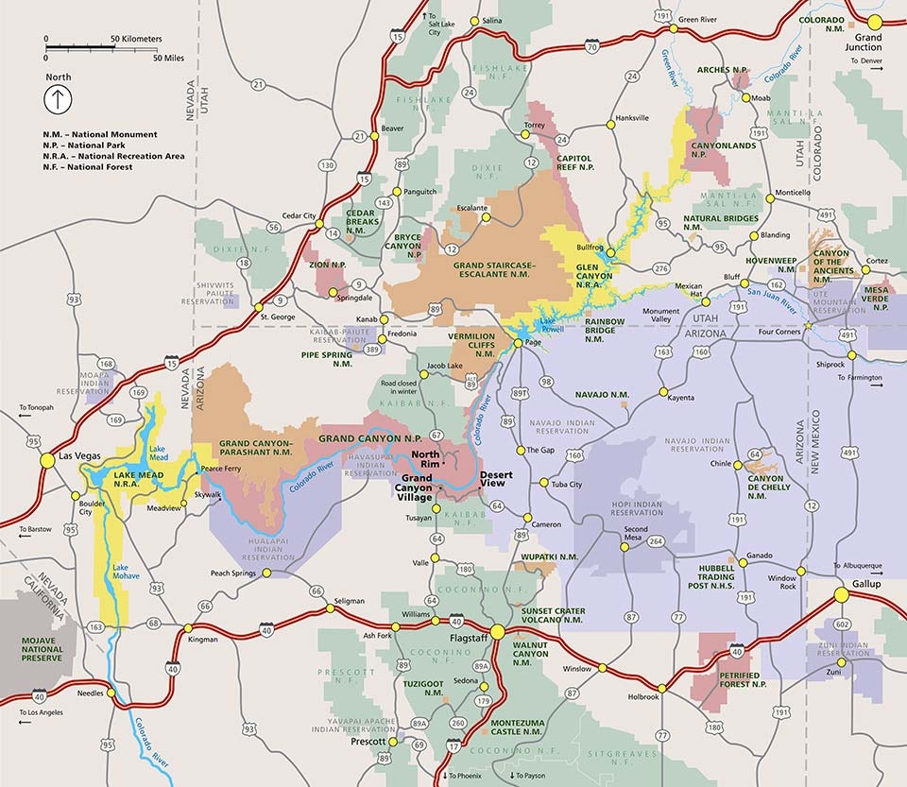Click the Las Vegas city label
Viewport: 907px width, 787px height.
79,457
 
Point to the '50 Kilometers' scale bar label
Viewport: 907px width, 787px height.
136,39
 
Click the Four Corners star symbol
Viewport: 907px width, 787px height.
809,327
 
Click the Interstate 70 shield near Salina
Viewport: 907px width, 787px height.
590,44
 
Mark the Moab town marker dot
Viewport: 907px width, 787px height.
745,97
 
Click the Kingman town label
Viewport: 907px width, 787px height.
202,640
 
